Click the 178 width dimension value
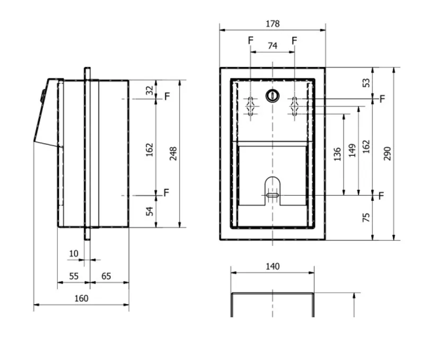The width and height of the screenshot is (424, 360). (x=272, y=24)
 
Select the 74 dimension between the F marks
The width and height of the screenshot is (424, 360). (x=272, y=46)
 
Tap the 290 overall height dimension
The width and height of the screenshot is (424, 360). (x=387, y=154)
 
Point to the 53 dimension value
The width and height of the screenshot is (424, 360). (x=366, y=83)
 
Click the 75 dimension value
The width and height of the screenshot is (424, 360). (x=366, y=217)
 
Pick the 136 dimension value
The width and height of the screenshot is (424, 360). (x=337, y=154)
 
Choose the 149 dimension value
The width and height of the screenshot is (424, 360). (x=352, y=151)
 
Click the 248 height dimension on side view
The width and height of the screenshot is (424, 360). (x=173, y=154)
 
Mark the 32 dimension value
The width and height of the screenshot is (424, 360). (x=149, y=90)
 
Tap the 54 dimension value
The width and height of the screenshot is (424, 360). (x=149, y=211)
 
